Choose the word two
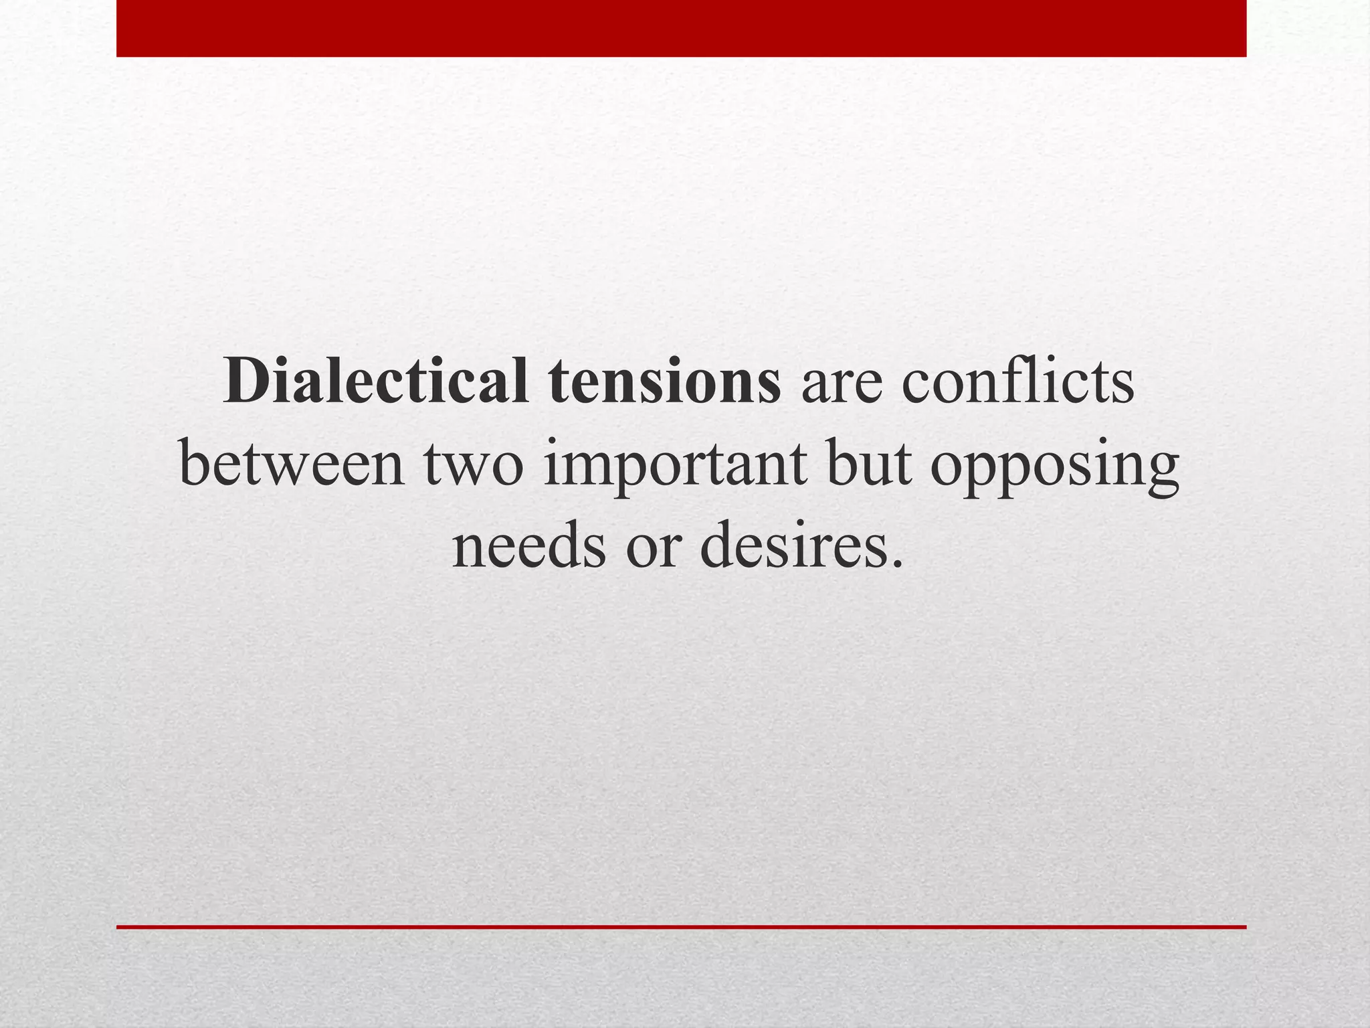[x=472, y=466]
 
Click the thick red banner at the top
[x=681, y=28]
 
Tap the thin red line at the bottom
[x=681, y=927]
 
